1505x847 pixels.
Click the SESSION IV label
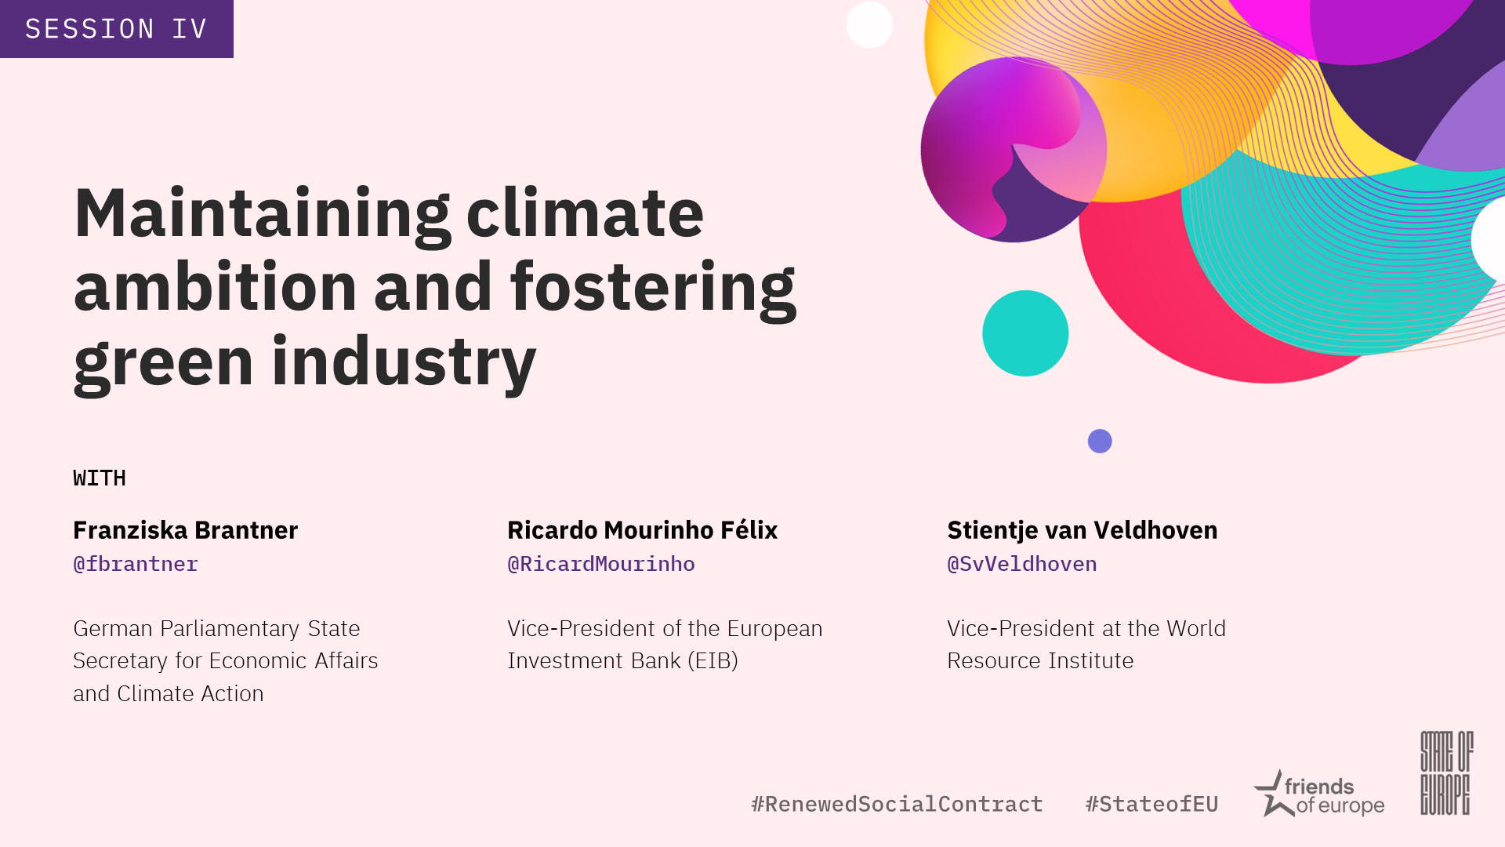click(116, 29)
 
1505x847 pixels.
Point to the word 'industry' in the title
click(404, 363)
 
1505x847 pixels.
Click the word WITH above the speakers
click(100, 478)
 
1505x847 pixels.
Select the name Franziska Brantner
click(186, 530)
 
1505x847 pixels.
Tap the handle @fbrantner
click(136, 564)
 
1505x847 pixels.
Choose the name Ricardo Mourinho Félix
click(642, 530)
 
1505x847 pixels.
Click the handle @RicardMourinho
click(601, 564)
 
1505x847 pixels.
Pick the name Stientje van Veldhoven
click(1083, 530)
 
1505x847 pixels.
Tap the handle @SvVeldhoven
click(1022, 564)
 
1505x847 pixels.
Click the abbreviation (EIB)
click(713, 661)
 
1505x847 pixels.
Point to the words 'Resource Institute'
click(1040, 661)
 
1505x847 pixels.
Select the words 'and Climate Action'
click(169, 694)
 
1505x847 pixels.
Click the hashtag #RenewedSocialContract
click(897, 804)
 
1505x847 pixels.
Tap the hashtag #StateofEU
click(1151, 804)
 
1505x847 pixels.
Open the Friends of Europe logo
click(1319, 794)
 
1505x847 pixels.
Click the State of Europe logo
click(1447, 773)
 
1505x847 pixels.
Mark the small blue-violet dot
click(1100, 442)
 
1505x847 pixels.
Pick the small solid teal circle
click(1025, 333)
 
